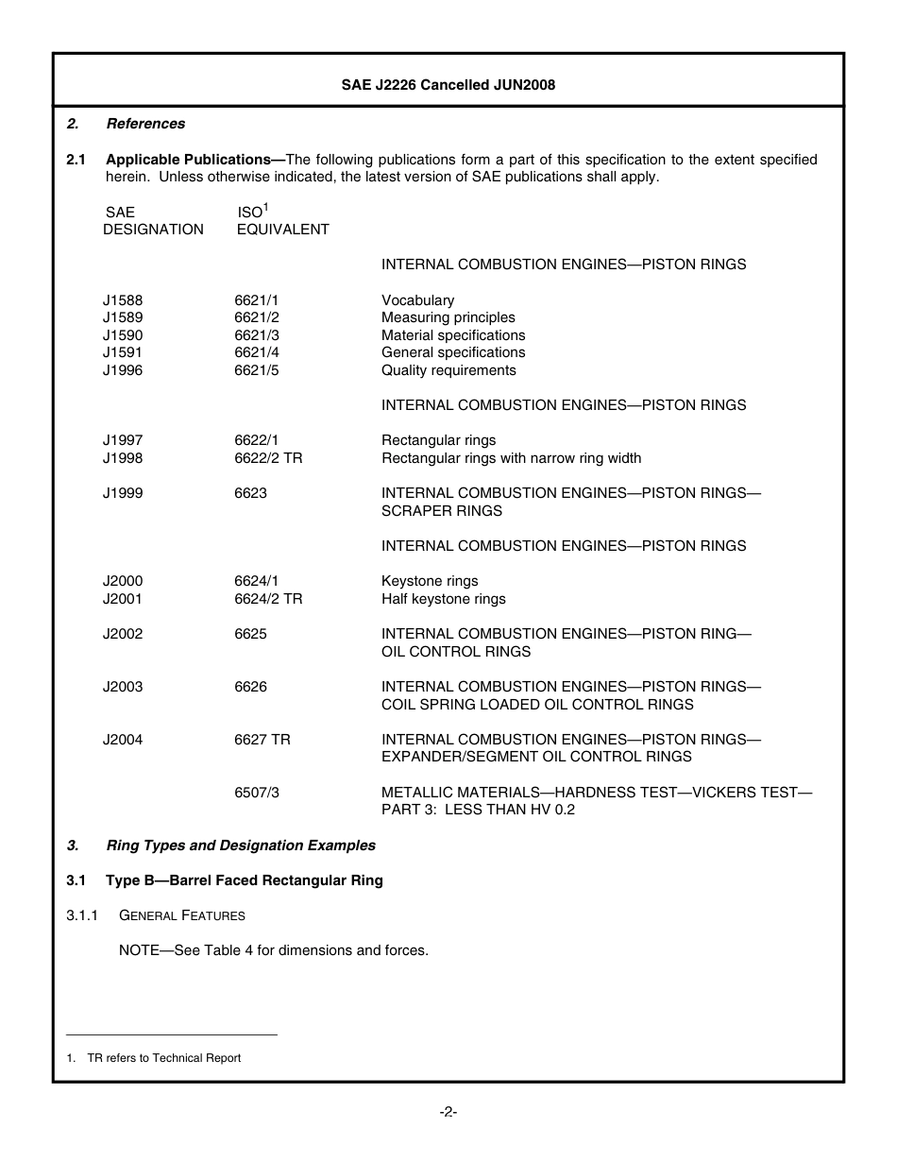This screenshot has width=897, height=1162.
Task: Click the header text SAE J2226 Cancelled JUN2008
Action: point(448,85)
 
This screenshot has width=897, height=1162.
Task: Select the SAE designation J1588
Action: point(123,300)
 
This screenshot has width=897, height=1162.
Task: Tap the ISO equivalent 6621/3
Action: point(257,335)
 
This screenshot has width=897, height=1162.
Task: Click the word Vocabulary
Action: point(417,300)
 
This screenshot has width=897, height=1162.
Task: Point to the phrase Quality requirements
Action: point(448,370)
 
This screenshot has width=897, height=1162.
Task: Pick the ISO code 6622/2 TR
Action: point(268,458)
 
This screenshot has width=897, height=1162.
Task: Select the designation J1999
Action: point(123,493)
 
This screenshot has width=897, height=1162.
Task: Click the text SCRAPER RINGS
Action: point(441,511)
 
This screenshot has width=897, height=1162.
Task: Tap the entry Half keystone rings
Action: point(443,599)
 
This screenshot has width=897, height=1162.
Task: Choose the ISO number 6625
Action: point(250,634)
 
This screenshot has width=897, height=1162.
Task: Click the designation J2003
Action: point(123,687)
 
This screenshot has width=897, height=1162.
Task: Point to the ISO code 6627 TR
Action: point(262,740)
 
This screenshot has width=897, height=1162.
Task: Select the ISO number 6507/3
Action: point(257,793)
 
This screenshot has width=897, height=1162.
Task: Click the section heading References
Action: point(145,124)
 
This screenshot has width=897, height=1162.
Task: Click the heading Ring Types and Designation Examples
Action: point(241,846)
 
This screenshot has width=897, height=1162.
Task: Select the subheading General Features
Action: point(181,915)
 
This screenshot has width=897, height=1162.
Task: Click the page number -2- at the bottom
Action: point(448,1112)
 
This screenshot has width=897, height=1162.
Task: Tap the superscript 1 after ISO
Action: point(266,206)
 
